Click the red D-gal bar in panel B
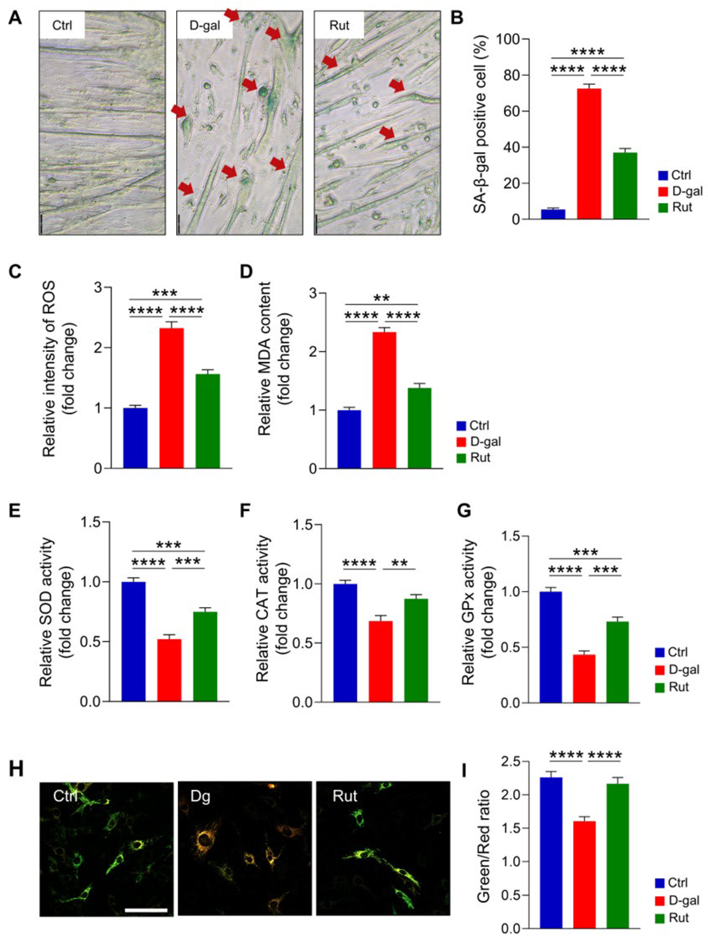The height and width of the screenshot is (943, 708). [x=589, y=154]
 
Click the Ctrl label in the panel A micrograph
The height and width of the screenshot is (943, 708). [x=62, y=25]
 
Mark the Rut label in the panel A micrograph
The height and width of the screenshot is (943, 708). [x=339, y=25]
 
